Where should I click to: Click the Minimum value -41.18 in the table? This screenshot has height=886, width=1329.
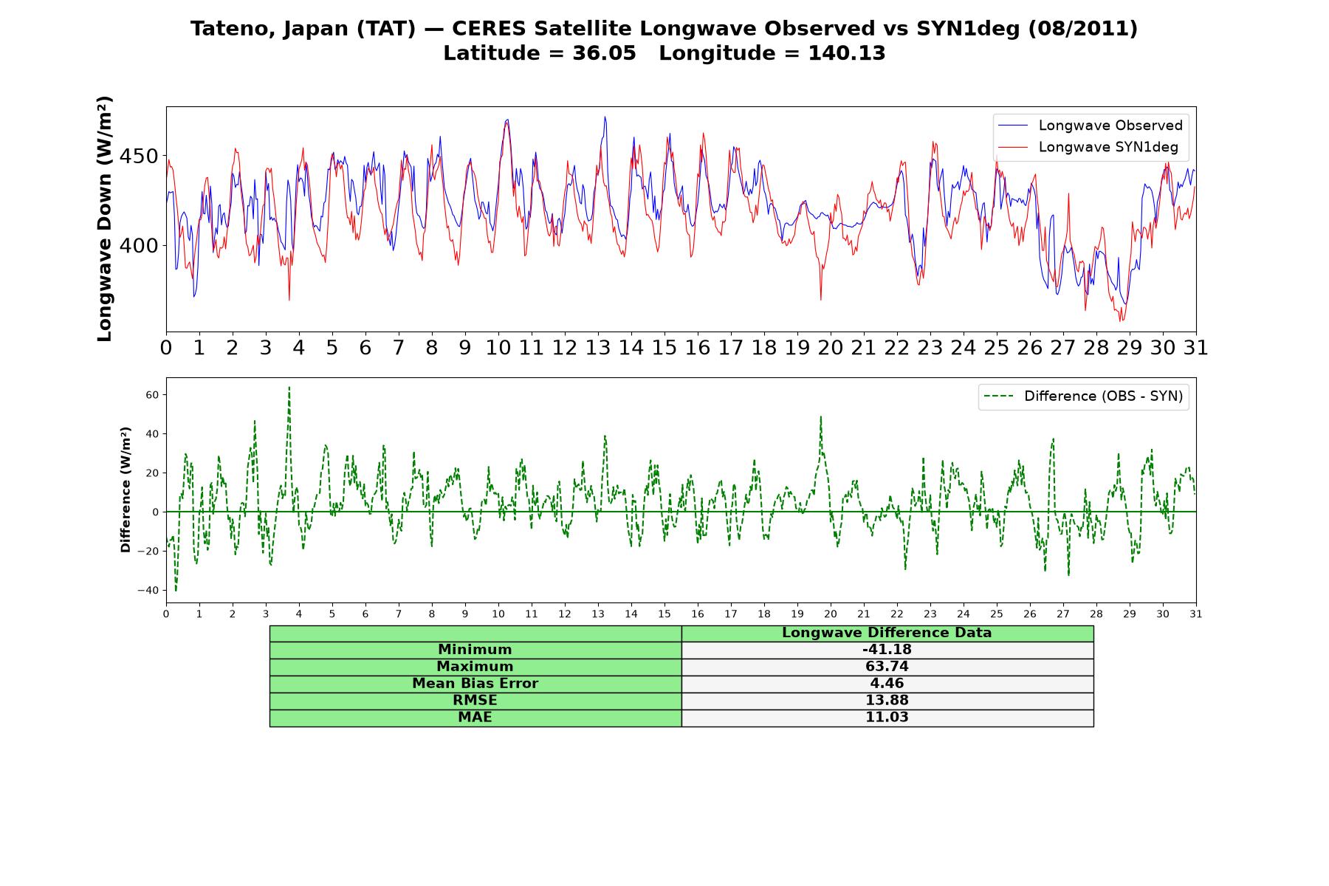click(x=887, y=650)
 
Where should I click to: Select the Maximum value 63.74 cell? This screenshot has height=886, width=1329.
click(x=887, y=667)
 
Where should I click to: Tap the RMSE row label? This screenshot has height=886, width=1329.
click(x=475, y=701)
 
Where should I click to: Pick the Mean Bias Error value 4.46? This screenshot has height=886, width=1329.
click(x=887, y=684)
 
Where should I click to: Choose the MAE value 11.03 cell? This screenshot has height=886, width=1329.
click(x=887, y=718)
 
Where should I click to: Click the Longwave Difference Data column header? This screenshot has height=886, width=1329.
click(x=887, y=633)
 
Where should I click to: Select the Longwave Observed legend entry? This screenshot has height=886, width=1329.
click(x=1091, y=126)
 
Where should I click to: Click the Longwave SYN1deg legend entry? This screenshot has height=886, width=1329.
click(x=1088, y=147)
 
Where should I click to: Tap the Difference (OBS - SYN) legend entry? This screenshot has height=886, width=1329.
click(x=1084, y=396)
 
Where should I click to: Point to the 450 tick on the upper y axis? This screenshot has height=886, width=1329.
click(x=139, y=157)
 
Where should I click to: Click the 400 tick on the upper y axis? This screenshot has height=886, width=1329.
click(x=139, y=246)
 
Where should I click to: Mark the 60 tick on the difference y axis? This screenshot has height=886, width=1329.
click(x=152, y=395)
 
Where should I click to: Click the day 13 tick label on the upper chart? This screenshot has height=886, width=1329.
click(x=598, y=348)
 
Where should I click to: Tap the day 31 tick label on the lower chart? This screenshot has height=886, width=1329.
click(x=1196, y=614)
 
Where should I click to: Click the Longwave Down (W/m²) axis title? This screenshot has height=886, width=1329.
click(x=104, y=219)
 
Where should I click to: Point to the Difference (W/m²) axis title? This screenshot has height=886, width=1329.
click(x=126, y=490)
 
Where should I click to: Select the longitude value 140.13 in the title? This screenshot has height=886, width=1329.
click(x=847, y=53)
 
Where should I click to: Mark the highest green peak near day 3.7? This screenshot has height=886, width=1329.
click(x=289, y=386)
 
